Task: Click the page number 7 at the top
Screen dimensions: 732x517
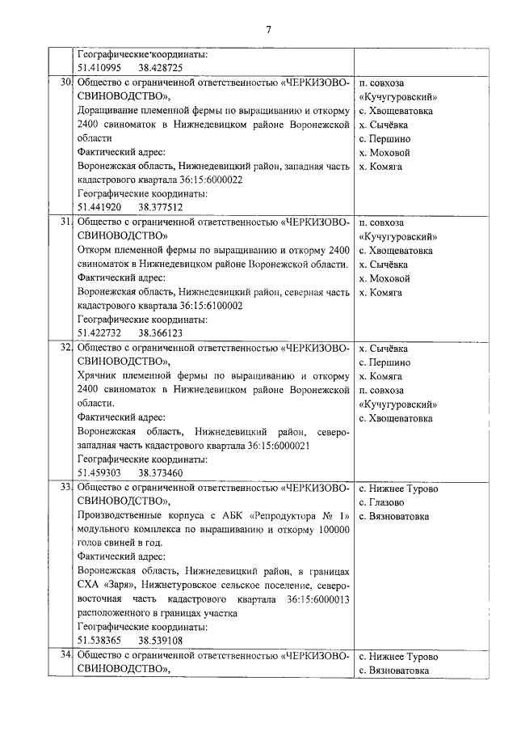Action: coord(268,30)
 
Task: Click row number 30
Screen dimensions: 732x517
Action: coord(66,83)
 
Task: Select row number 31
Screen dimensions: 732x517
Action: coord(66,222)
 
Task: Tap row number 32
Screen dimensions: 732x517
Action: coord(66,347)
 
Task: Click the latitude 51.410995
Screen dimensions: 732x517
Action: coord(99,68)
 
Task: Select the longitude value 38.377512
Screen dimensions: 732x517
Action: coord(160,207)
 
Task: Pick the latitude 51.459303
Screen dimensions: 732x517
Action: coord(99,473)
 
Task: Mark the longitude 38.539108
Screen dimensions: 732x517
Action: coord(160,641)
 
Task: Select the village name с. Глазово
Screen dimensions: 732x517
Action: coord(386,502)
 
